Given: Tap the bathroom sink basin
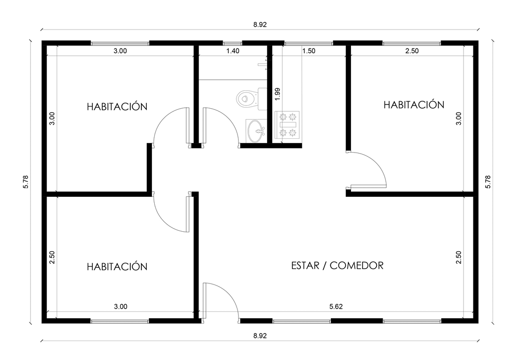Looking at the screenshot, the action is (x=257, y=131).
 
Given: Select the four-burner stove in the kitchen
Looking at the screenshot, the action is (x=287, y=125).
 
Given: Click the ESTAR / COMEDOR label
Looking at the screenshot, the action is (x=337, y=266).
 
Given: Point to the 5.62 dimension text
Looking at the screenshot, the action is (x=336, y=307).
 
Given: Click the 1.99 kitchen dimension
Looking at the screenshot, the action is (x=278, y=94).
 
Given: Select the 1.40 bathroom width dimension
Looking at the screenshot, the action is (x=233, y=51).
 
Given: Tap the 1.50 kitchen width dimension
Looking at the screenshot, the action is (x=309, y=51).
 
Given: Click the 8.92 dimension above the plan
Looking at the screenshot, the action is (x=260, y=24).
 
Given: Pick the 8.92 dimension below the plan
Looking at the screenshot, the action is (x=260, y=336).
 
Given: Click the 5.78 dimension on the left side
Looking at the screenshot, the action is (x=26, y=182).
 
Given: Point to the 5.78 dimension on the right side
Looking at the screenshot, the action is (x=488, y=182).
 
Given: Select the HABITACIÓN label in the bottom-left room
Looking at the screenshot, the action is (x=117, y=267).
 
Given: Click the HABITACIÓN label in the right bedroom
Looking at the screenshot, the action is (x=414, y=105).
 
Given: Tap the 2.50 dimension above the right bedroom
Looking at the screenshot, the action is (x=412, y=51).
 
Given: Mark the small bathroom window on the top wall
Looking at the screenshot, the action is (x=232, y=43).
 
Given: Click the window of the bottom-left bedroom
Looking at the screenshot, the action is (x=119, y=321).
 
